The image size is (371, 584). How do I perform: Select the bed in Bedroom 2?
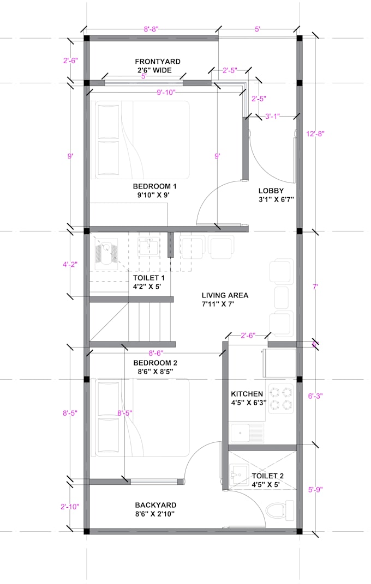142,417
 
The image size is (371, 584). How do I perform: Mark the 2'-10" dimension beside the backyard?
70,507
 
